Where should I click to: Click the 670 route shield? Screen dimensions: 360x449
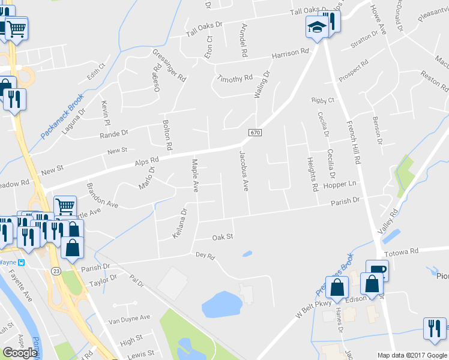click(254, 132)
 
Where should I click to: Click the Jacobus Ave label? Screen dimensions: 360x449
click(244, 170)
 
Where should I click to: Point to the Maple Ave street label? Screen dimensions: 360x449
click(194, 175)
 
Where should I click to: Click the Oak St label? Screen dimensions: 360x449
click(222, 237)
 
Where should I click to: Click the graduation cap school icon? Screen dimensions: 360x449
click(316, 27)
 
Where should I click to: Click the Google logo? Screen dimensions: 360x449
click(20, 352)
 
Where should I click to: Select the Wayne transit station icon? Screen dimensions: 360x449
click(20, 262)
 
